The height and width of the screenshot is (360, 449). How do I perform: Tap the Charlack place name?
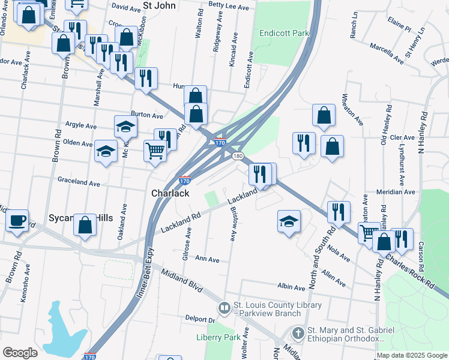(x=170, y=193)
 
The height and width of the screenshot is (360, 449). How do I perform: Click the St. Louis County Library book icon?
(x=224, y=308)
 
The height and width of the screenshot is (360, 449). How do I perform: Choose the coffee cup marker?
(x=17, y=220)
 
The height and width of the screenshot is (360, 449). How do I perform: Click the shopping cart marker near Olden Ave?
(x=155, y=150)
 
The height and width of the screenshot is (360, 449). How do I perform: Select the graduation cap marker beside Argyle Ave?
(x=126, y=126)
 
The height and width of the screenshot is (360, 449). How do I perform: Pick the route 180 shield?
(x=238, y=156)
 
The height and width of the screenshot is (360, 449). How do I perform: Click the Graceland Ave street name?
(x=79, y=181)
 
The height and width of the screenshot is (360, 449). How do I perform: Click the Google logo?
(x=20, y=353)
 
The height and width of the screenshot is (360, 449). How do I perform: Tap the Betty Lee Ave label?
(x=229, y=7)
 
